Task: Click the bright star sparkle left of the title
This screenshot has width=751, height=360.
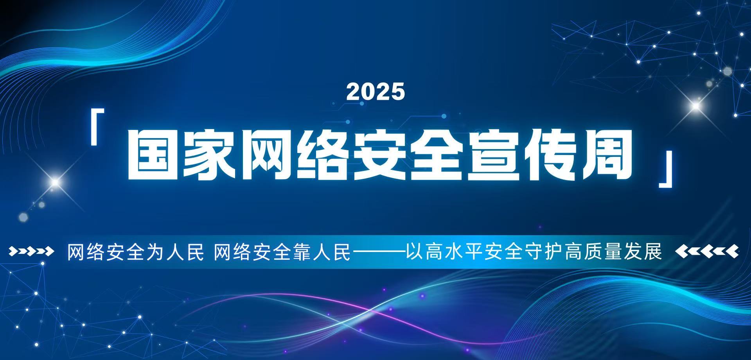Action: coord(55,182)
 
